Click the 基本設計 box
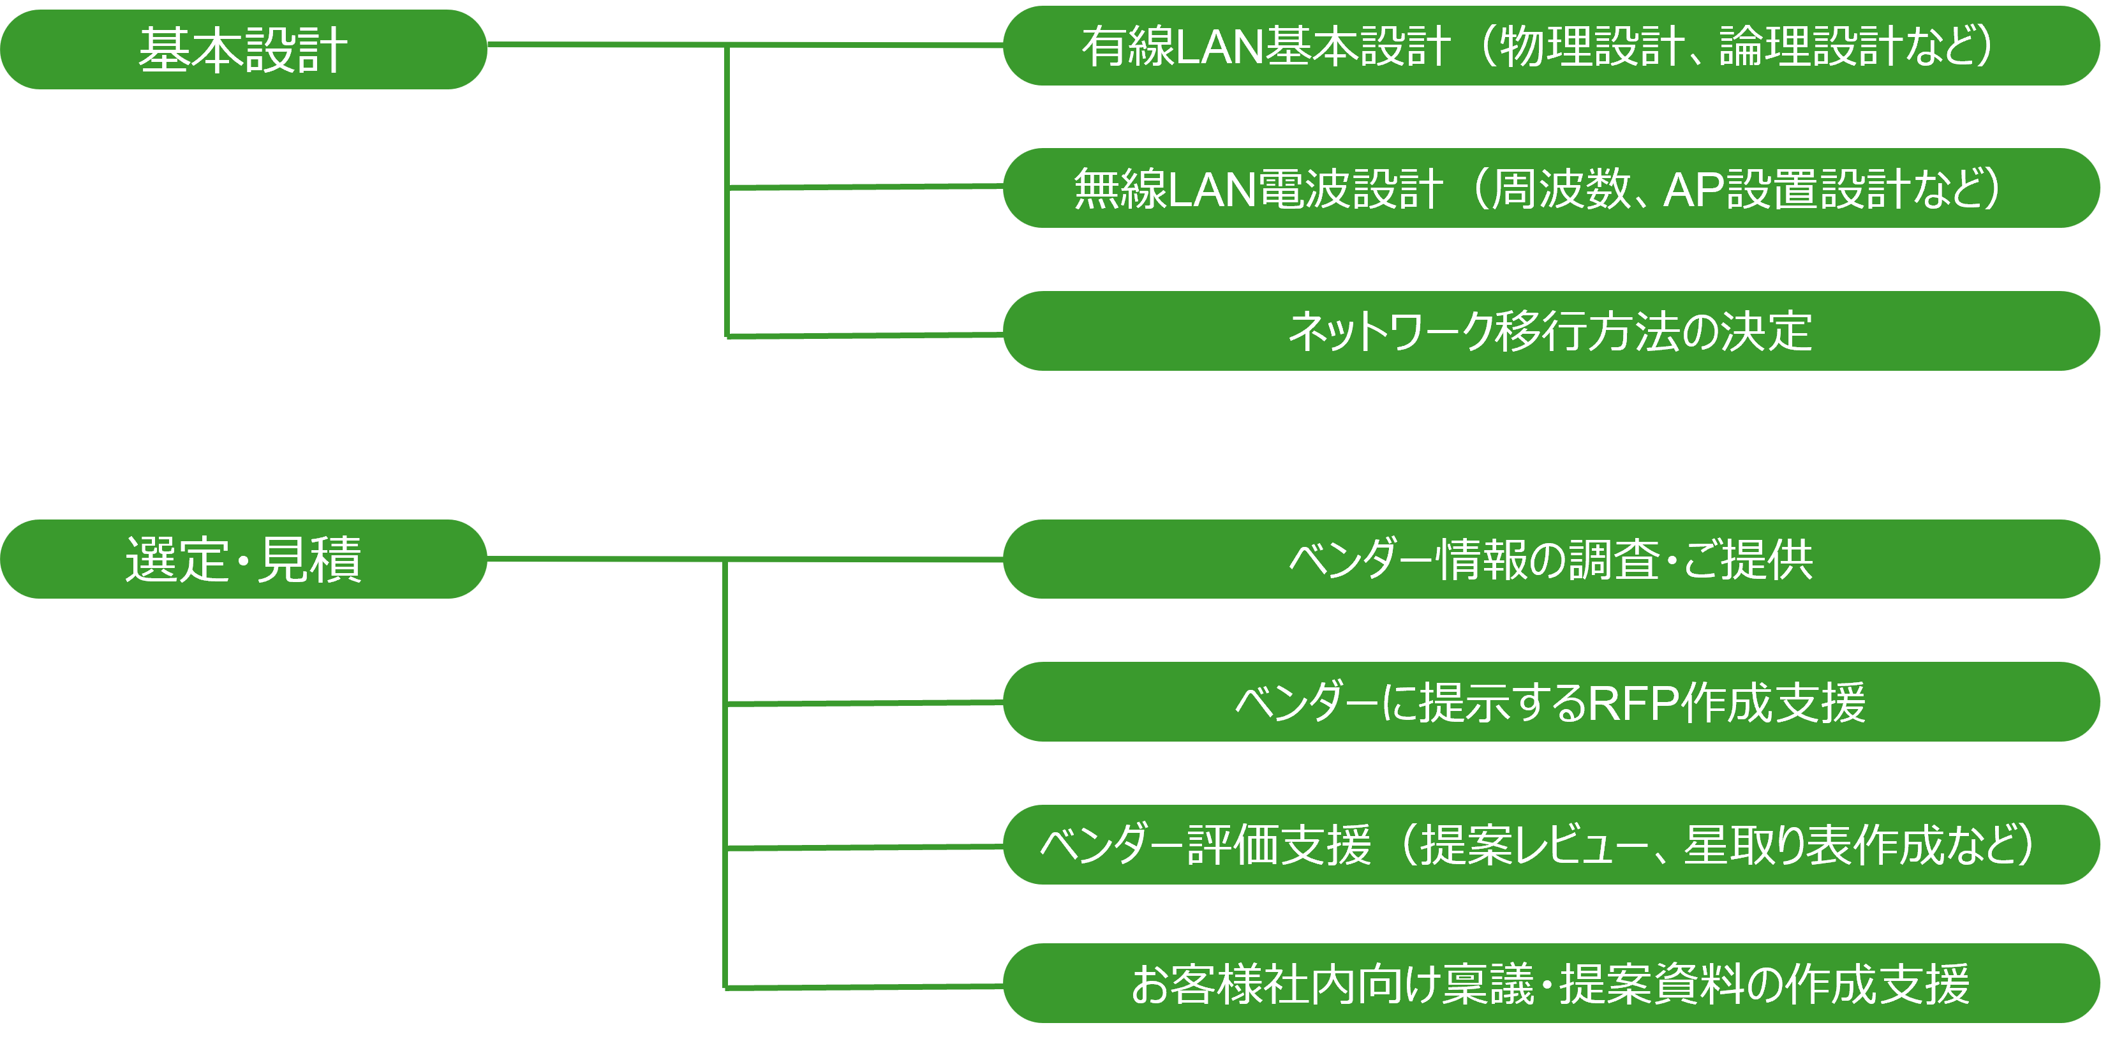click(x=243, y=49)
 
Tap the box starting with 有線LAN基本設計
click(x=1550, y=46)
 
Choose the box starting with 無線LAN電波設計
click(x=1550, y=188)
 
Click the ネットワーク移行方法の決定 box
click(x=1550, y=331)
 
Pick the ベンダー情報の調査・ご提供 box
click(x=1550, y=560)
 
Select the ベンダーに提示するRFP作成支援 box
click(x=1550, y=701)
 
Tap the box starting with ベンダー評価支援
click(x=1550, y=845)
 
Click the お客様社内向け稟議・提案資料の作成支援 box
click(x=1550, y=983)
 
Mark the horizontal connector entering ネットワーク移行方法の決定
click(x=865, y=335)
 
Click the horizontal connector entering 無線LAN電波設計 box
click(x=865, y=188)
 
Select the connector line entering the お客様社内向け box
click(x=865, y=987)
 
